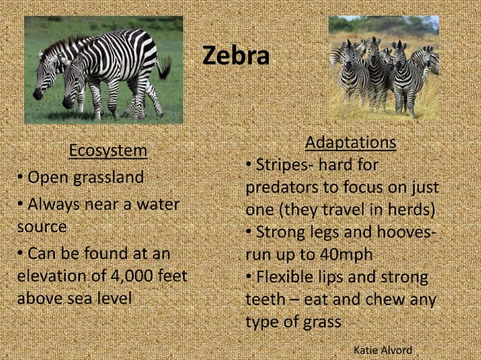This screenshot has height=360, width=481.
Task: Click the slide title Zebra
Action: click(236, 56)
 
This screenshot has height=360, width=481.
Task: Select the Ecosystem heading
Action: click(108, 151)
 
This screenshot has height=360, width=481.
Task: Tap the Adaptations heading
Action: click(350, 142)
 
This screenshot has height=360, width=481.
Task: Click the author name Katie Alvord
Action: click(382, 350)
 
